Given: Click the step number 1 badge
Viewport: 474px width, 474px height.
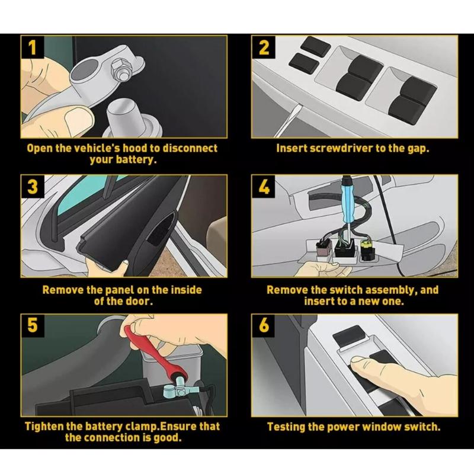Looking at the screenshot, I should click(x=33, y=47).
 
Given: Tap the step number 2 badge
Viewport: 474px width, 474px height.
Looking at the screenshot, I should click(x=264, y=47).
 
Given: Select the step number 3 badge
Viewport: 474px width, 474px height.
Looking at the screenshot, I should click(x=33, y=187).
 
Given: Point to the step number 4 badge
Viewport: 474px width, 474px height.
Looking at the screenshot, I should click(x=264, y=187).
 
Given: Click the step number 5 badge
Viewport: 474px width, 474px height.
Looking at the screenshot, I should click(x=33, y=325).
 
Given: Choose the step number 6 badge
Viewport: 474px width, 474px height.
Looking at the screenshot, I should click(x=264, y=325).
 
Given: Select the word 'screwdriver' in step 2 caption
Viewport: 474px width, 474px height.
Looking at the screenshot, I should click(x=340, y=148).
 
